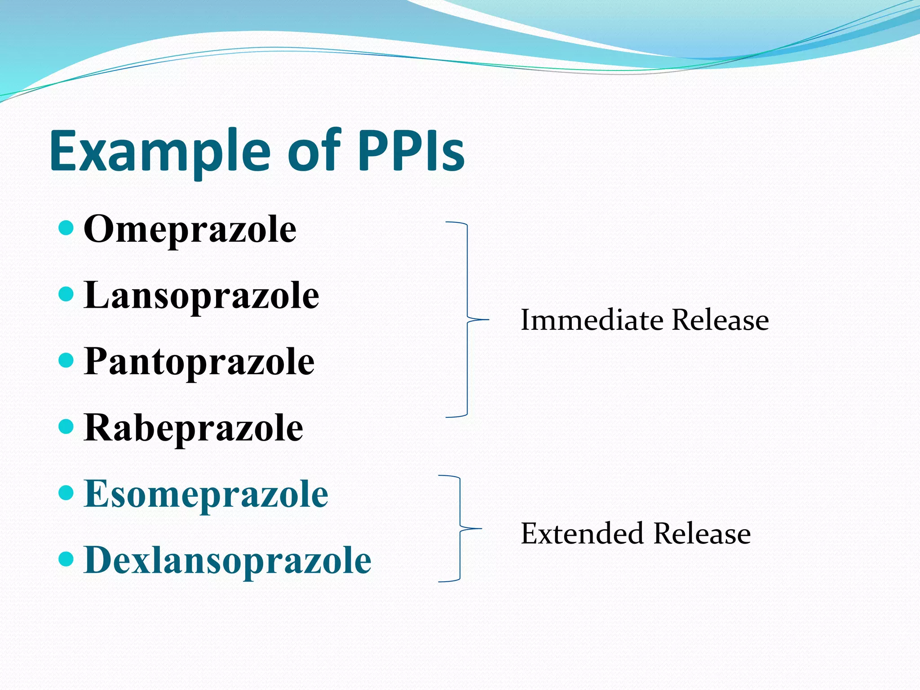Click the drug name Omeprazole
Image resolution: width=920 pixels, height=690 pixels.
[190, 229]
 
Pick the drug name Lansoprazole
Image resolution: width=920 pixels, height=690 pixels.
[201, 295]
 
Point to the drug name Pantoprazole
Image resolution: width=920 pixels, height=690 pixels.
[199, 362]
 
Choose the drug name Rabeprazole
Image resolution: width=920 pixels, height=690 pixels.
[193, 428]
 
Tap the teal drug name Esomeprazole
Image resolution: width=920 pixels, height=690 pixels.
[206, 494]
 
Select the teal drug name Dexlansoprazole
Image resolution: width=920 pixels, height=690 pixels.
[227, 560]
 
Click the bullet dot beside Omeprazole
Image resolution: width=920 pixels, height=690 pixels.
[66, 228]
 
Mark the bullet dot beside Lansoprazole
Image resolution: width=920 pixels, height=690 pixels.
[66, 294]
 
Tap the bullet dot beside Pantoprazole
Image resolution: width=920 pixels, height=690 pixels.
[66, 360]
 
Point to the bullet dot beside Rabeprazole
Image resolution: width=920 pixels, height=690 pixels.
[66, 427]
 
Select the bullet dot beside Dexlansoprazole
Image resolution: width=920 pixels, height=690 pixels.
[66, 559]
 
